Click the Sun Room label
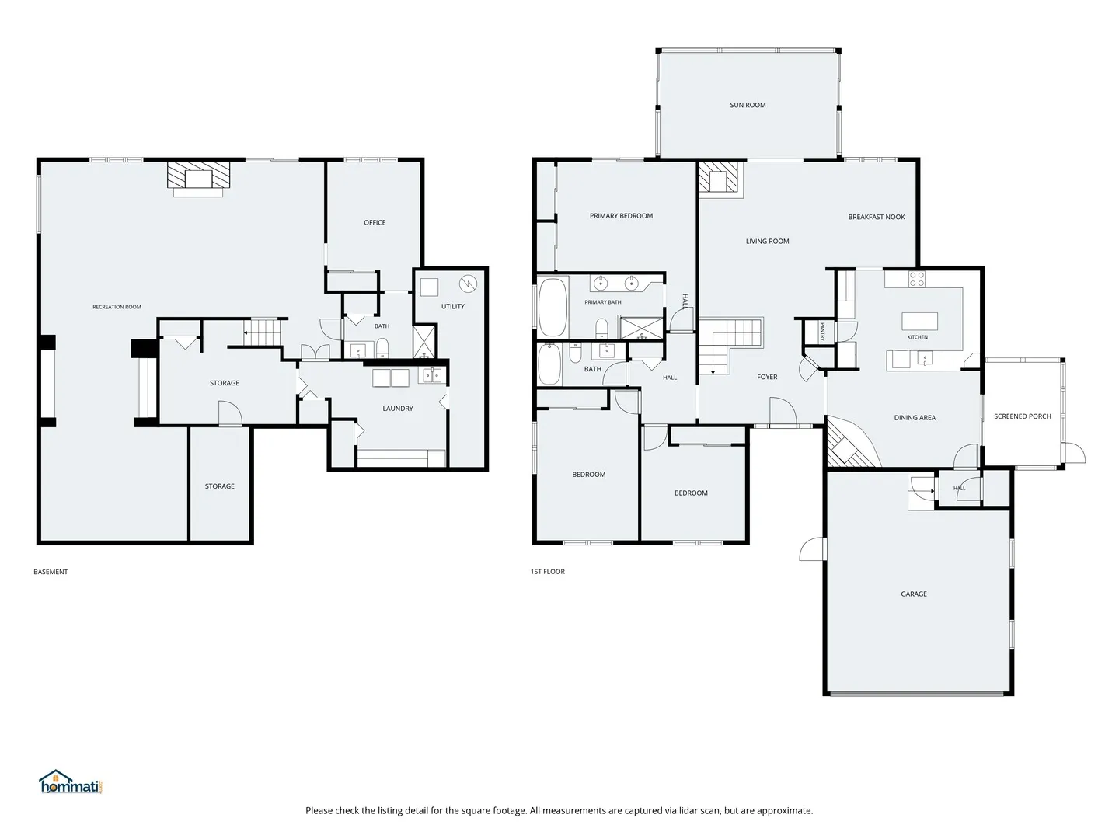click(x=748, y=105)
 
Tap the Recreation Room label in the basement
click(x=117, y=307)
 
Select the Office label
click(x=375, y=223)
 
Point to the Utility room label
click(x=453, y=306)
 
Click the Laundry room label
click(x=398, y=408)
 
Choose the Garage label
click(x=914, y=594)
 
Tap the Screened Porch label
click(x=1022, y=416)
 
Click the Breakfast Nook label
click(x=877, y=217)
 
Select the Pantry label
click(x=822, y=332)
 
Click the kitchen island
click(x=919, y=322)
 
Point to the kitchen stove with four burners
click(x=917, y=279)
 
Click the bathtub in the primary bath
click(x=553, y=307)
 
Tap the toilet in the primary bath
click(x=602, y=329)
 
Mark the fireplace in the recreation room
click(x=199, y=179)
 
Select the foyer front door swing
click(x=783, y=411)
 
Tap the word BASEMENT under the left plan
click(x=51, y=572)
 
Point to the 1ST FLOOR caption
click(x=548, y=572)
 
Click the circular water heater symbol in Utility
click(x=468, y=284)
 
